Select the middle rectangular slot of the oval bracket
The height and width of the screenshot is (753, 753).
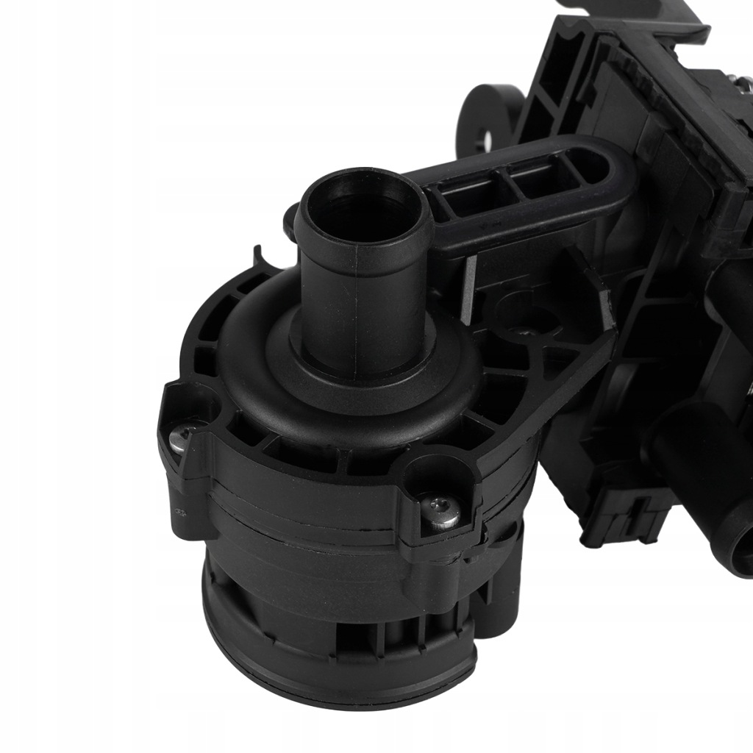[533, 179]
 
